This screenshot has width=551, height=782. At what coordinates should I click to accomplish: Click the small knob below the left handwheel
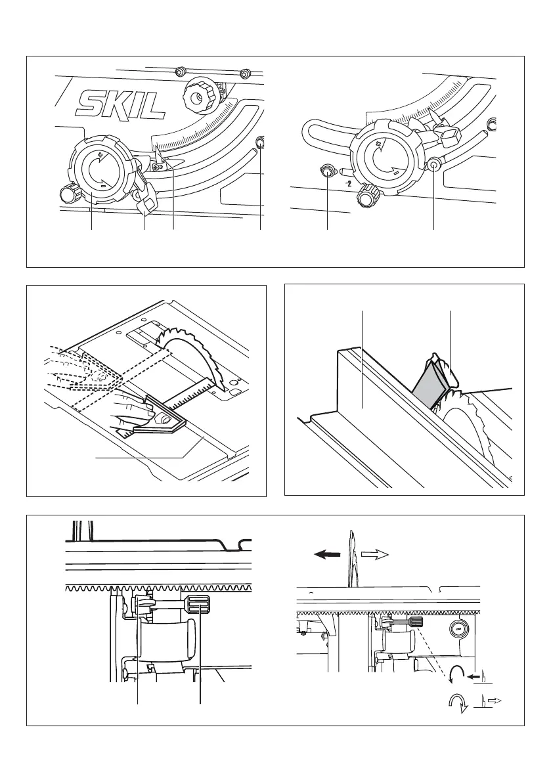66,194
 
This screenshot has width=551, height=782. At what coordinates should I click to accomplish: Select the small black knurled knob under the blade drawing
415,621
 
